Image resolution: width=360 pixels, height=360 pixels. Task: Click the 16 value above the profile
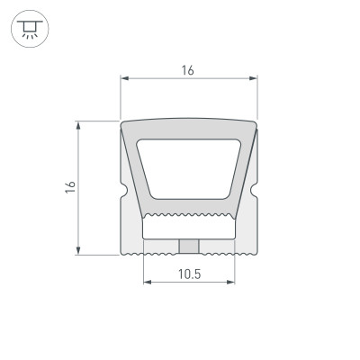click(188, 69)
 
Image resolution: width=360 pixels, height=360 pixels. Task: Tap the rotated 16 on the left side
click(70, 187)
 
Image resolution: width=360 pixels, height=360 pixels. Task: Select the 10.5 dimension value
click(188, 273)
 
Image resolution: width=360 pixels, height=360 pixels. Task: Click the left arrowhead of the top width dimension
click(124, 79)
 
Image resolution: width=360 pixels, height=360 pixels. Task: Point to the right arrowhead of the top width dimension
click(254, 79)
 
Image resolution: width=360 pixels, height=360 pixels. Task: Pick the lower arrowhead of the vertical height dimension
click(80, 251)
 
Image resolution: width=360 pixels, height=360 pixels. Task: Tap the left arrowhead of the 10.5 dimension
click(147, 283)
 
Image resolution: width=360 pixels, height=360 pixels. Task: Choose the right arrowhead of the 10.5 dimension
click(230, 283)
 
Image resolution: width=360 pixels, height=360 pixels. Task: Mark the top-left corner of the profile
click(122, 123)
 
